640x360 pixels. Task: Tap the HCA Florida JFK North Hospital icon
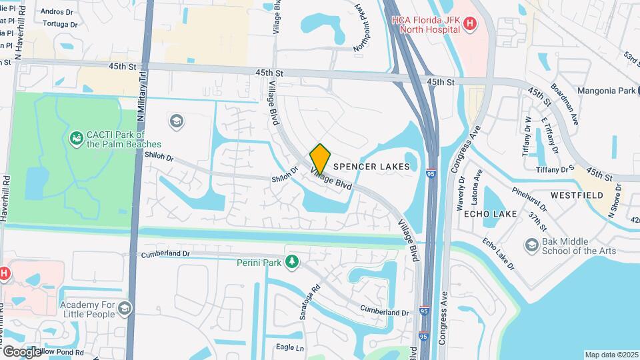click(471, 24)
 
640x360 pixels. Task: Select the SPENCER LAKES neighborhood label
click(371, 166)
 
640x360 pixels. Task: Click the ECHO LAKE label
click(490, 214)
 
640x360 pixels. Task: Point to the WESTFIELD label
click(577, 195)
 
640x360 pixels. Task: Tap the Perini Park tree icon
click(291, 262)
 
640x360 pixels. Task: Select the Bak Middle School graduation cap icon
click(531, 245)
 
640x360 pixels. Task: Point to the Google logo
click(21, 351)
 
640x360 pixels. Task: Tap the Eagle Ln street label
click(290, 348)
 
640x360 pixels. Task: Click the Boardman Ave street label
click(563, 104)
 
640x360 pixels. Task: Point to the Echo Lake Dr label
click(499, 254)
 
